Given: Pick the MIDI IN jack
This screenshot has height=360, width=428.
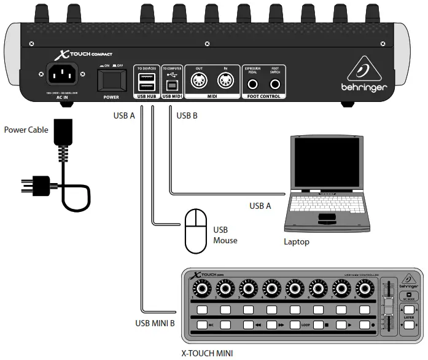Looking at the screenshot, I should pos(226,80).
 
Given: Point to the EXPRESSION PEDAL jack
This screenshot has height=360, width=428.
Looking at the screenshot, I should pos(254,83).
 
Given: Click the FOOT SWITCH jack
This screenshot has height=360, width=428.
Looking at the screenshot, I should pos(275,83).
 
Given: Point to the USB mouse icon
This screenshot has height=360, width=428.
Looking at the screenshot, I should pos(196,231).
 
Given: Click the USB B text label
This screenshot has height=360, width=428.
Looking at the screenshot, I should pos(188,115).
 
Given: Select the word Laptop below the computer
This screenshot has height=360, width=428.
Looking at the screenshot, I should pos(296,242).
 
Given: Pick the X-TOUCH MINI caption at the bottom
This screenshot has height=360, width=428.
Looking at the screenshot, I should pos(207,353).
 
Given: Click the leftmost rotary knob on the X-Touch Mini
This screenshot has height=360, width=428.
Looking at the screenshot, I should pos(203,288).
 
